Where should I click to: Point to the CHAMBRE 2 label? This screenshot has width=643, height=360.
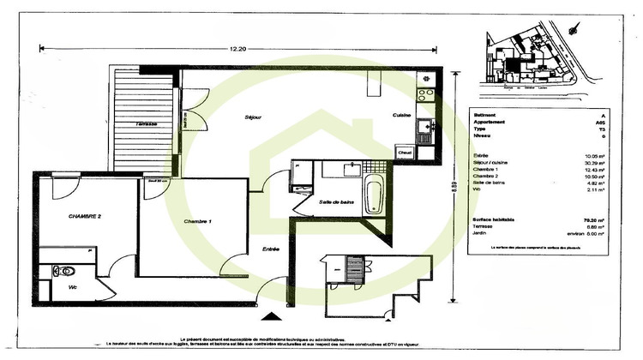(x=85, y=217)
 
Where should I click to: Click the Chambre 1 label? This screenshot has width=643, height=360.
(x=198, y=221)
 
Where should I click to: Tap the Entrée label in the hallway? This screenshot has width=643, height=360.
(x=270, y=249)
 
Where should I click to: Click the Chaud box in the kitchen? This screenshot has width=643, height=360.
(x=405, y=152)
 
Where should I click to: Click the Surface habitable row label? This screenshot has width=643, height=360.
(x=496, y=219)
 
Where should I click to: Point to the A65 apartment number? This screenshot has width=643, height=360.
(x=601, y=123)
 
